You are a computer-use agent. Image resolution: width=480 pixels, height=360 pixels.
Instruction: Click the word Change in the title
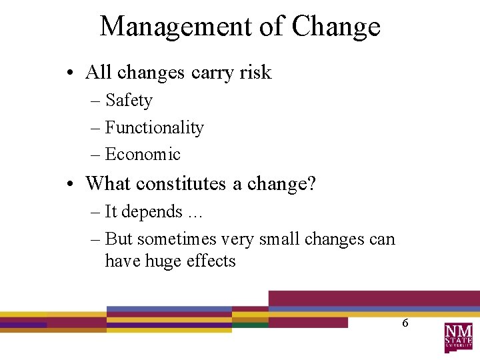tap(336, 27)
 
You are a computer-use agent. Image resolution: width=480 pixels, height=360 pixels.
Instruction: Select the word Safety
tap(129, 101)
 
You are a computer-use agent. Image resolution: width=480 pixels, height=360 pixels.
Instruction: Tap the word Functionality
tap(155, 127)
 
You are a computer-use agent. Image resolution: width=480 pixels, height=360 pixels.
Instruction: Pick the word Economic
tap(143, 154)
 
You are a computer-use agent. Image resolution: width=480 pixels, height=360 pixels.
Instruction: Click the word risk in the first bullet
tap(255, 72)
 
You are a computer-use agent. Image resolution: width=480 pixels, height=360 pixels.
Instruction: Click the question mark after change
tap(311, 183)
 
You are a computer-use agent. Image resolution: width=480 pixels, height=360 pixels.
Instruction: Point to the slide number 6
tap(405, 323)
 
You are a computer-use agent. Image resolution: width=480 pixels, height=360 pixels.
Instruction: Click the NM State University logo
tap(458, 337)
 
